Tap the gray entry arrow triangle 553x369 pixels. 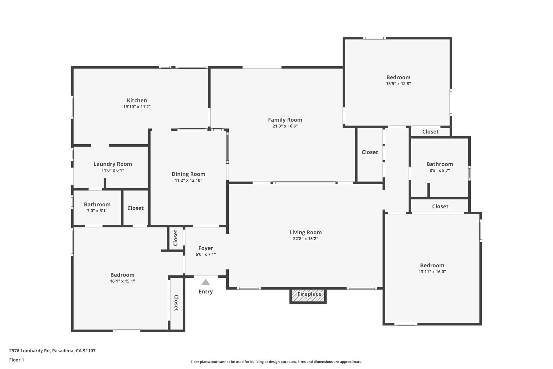(x=206, y=282)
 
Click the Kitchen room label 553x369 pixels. (x=137, y=101)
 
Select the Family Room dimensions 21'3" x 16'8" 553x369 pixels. (x=285, y=126)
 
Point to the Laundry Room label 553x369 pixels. (x=113, y=164)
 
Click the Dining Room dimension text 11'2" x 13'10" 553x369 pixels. (x=188, y=180)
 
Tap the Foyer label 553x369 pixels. (x=206, y=248)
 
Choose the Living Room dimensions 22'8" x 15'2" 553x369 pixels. (x=305, y=238)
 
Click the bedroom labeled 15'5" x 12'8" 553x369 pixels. (x=398, y=80)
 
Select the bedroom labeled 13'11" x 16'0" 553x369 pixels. (x=432, y=268)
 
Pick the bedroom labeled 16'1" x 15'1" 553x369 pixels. (x=122, y=278)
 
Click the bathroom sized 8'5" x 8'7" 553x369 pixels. (x=440, y=167)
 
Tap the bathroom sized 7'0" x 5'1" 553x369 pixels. (x=97, y=207)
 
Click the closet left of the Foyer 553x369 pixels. (x=176, y=238)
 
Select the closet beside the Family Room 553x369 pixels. (x=370, y=152)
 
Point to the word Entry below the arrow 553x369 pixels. (x=206, y=292)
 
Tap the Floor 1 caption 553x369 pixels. (x=16, y=360)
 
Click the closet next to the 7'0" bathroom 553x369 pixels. (x=135, y=208)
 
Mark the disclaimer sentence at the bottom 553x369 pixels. (x=276, y=362)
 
